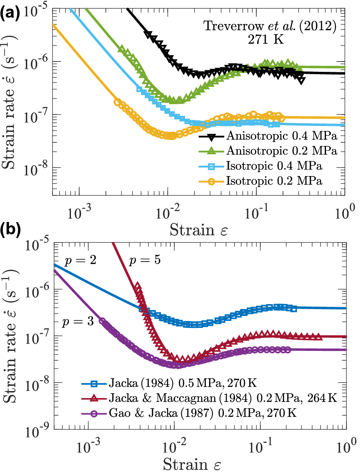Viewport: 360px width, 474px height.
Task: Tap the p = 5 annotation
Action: click(x=146, y=261)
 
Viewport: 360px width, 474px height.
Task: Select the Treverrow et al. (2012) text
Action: click(x=271, y=27)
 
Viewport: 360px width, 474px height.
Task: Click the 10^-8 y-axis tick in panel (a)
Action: click(x=40, y=168)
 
